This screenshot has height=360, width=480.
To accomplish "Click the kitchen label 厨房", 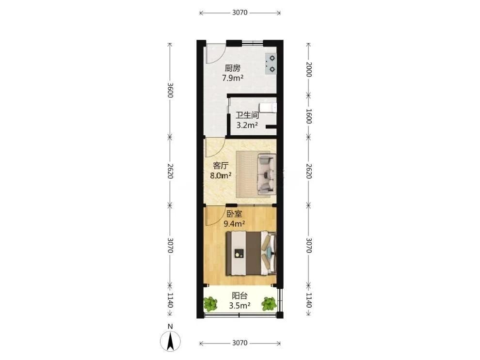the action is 233,68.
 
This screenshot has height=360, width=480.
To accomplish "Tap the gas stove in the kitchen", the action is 271,64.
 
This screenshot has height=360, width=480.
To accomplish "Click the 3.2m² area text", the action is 247,125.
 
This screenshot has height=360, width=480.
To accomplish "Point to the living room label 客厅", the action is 221,166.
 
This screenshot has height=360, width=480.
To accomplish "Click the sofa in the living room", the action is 267,174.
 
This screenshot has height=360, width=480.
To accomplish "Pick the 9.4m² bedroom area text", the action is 234,223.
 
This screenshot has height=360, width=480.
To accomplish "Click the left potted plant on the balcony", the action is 210,303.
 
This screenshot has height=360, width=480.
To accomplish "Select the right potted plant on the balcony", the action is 269,303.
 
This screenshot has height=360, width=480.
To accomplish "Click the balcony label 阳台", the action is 240,296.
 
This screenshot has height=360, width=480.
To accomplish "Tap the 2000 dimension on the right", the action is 308,69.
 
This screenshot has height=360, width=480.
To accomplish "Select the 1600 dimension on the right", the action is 308,116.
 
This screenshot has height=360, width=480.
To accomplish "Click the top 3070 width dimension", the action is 240,13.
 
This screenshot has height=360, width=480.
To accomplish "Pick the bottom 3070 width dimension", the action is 240,343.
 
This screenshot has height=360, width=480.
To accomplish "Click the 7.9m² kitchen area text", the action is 233,78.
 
